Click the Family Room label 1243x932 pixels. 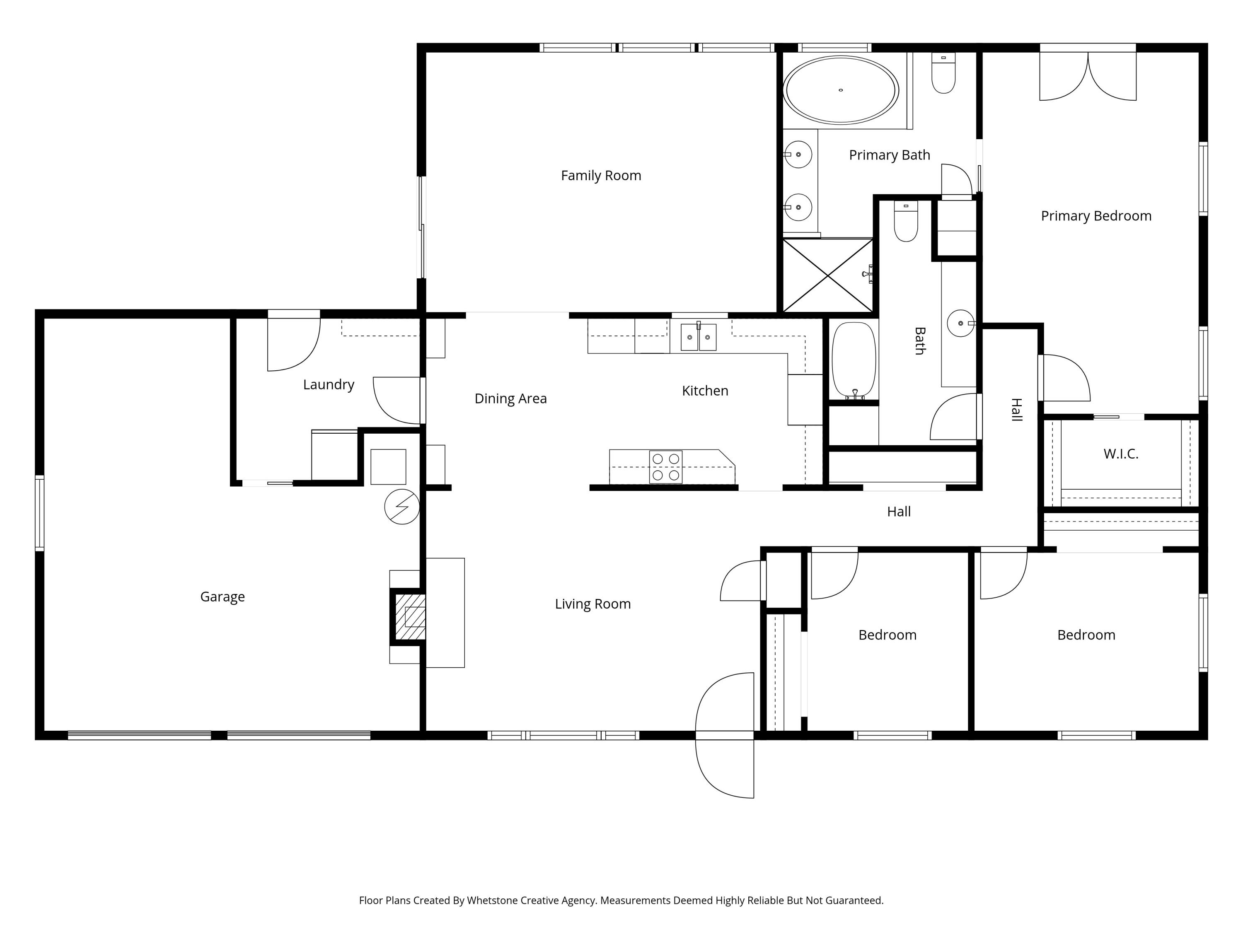pyautogui.click(x=601, y=176)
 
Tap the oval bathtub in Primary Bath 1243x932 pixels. pyautogui.click(x=841, y=90)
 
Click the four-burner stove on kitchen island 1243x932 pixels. pyautogui.click(x=666, y=467)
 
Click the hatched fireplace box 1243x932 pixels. pyautogui.click(x=410, y=616)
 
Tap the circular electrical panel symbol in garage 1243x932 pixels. pyautogui.click(x=402, y=507)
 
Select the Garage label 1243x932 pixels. pyautogui.click(x=222, y=596)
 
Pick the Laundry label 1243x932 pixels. pyautogui.click(x=329, y=385)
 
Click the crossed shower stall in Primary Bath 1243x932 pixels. pyautogui.click(x=828, y=275)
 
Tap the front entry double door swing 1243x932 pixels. pyautogui.click(x=725, y=735)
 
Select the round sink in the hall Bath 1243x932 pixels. pyautogui.click(x=960, y=324)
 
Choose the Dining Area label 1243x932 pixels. pyautogui.click(x=510, y=399)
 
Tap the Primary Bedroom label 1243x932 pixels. pyautogui.click(x=1096, y=216)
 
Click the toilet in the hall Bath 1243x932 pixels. pyautogui.click(x=906, y=222)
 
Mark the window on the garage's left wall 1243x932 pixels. pyautogui.click(x=39, y=513)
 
